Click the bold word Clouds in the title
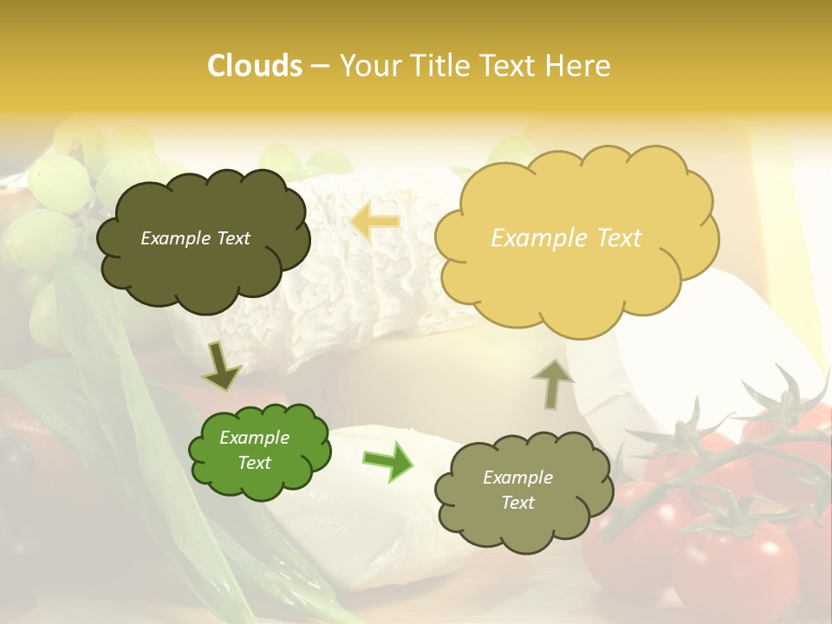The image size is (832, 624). (x=254, y=66)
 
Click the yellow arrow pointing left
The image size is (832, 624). (x=375, y=222)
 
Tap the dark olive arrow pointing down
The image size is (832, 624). (x=221, y=366)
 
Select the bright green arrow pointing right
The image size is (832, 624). (x=387, y=461)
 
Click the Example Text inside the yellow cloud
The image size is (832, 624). (x=566, y=238)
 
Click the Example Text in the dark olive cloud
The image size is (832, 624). (x=195, y=238)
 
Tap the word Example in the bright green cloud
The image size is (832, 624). (x=254, y=438)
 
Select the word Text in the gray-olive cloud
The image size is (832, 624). (x=517, y=503)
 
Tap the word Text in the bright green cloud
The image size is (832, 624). (x=254, y=463)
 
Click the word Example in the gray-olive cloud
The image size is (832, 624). (x=517, y=478)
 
